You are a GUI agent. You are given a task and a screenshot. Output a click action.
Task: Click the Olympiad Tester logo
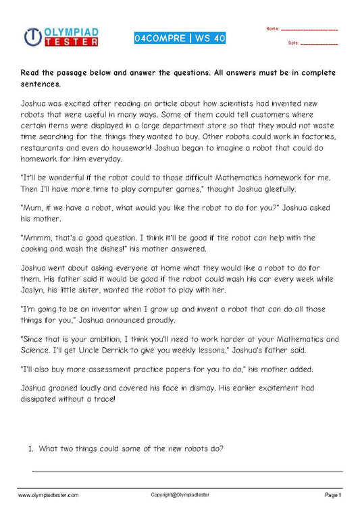coord(61,37)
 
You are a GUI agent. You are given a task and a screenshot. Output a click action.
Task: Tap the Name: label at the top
coord(273,29)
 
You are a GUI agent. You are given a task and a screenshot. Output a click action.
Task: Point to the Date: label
coord(293,43)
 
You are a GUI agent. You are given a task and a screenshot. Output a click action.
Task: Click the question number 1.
coord(30,448)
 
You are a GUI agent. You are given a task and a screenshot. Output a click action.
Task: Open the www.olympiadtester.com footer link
coord(49,495)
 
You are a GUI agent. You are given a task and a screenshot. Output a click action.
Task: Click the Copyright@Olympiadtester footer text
coord(180,495)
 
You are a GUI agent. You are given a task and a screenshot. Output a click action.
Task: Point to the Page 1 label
coord(334,495)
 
